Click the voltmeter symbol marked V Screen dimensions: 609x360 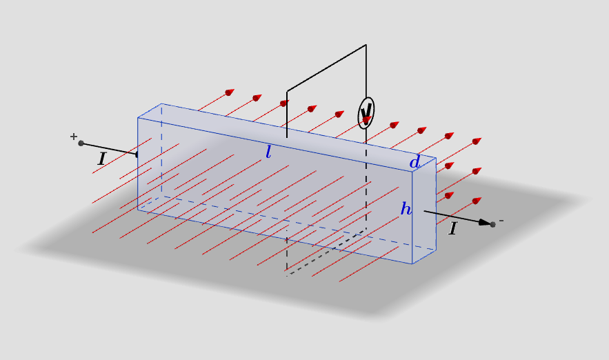(x=366, y=113)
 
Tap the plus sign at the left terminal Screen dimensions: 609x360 (x=74, y=137)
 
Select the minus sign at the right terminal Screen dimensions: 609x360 (x=501, y=221)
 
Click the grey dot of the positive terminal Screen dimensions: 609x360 (x=81, y=143)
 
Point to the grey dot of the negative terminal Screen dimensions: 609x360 (x=493, y=224)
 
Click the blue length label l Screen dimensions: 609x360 (x=268, y=152)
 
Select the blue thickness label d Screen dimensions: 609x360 (x=415, y=161)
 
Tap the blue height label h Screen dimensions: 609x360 (x=406, y=209)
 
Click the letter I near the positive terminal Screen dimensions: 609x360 (x=102, y=159)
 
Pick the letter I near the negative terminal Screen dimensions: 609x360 (x=452, y=228)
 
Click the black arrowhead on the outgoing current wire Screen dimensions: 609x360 (x=484, y=223)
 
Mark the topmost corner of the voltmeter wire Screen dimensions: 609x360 (x=366, y=45)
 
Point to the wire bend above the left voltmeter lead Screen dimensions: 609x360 (x=287, y=92)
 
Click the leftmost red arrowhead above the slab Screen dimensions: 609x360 (x=230, y=92)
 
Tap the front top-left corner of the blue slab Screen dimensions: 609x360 (x=138, y=118)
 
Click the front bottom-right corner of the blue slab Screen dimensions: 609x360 (x=412, y=263)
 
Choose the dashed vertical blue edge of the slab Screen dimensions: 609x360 (x=161, y=150)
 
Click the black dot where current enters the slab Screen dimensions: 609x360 (x=137, y=154)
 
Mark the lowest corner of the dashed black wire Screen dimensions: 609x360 (x=287, y=275)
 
